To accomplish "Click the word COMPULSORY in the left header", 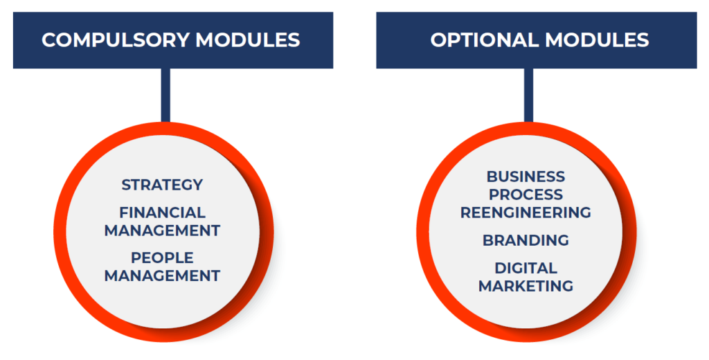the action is pos(115,40).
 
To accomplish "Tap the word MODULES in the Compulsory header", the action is pos(248,40).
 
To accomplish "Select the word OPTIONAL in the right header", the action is pos(484,40).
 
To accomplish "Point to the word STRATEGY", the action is pos(162,185).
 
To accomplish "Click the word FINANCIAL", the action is pos(162,213).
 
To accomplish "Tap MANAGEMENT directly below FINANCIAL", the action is pos(162,231).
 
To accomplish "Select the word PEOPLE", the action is pos(162,258).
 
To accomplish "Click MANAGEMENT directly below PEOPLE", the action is pos(162,276).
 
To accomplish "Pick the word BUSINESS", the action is pos(526,177).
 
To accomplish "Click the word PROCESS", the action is pos(526,195).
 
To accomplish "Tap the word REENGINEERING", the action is pos(526,213).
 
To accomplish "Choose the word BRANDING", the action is pos(526,240).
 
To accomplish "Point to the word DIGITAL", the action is pos(526,268).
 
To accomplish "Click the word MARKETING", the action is pos(526,287).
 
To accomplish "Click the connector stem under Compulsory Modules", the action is pos(165,96).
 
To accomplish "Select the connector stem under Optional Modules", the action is pos(528,96).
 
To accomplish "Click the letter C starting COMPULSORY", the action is pos(49,40).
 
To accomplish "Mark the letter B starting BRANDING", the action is pos(488,240).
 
